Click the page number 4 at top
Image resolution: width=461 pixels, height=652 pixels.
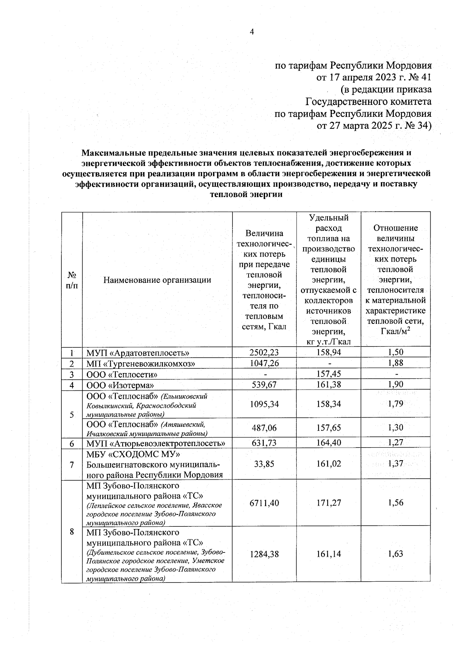[252, 32]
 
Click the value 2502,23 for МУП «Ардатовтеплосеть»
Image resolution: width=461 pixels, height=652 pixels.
[264, 352]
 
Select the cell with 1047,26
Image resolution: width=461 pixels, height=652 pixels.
[264, 363]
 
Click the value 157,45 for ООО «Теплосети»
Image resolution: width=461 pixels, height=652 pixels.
[328, 374]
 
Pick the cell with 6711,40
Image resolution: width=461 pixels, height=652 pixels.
[264, 503]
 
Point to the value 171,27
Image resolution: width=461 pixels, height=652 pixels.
[328, 503]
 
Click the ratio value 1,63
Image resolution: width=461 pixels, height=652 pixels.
[395, 554]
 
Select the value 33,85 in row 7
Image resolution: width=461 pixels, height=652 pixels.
[264, 464]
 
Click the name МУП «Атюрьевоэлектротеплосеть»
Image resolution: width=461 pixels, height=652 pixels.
[156, 443]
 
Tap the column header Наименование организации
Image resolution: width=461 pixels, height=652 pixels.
[157, 280]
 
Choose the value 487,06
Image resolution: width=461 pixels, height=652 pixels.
[264, 428]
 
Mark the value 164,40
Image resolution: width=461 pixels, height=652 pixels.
[328, 443]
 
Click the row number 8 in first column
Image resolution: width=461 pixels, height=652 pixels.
[72, 532]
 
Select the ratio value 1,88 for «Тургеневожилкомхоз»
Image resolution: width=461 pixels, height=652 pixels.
[395, 363]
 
